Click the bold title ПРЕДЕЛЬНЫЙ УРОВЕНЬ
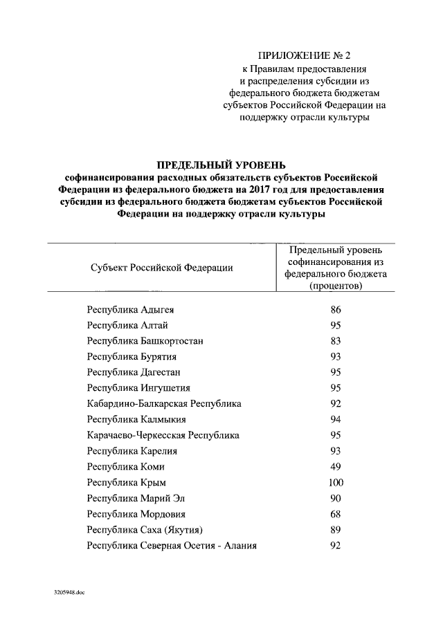[221, 165]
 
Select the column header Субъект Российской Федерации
[161, 268]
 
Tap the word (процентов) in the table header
[336, 286]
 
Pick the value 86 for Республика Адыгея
[336, 310]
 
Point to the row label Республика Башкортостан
[145, 341]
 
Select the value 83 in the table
[336, 341]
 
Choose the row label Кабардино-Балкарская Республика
[164, 403]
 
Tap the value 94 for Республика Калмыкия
[336, 419]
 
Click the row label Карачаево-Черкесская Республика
[163, 435]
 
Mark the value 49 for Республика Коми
[336, 466]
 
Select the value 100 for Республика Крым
[336, 482]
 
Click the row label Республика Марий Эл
[136, 498]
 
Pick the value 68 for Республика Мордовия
[336, 514]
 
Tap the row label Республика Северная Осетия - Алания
[172, 546]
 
